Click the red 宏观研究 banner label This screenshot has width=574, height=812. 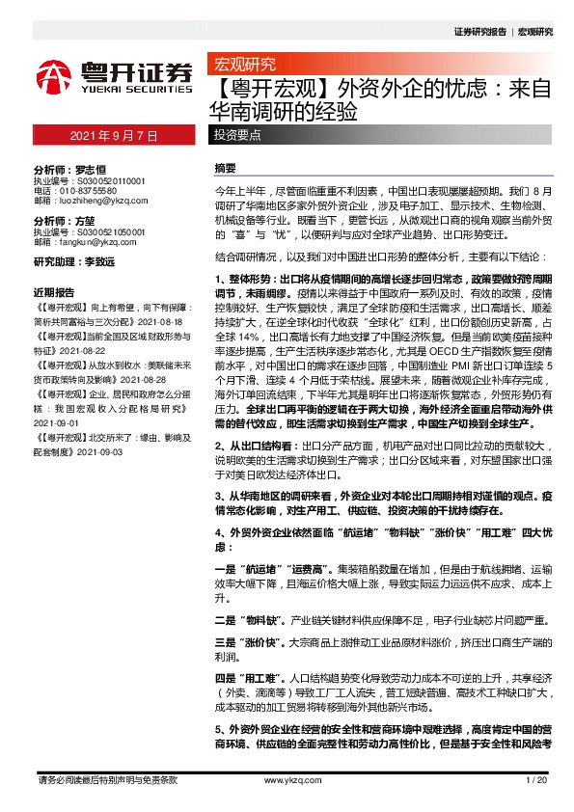tap(242, 67)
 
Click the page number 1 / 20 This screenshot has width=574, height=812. tap(538, 779)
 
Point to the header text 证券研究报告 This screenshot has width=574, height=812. tap(479, 32)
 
